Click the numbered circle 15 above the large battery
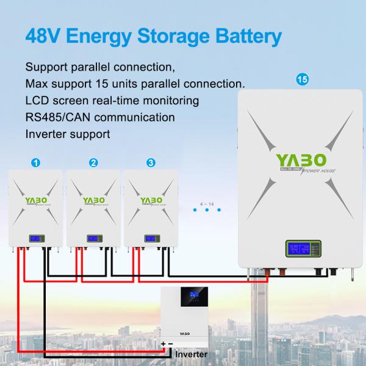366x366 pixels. click(x=300, y=79)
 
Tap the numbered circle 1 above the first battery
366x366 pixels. click(x=36, y=163)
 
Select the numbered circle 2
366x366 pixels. click(x=93, y=163)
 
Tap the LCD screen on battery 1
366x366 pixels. click(x=35, y=238)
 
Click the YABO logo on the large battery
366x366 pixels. click(x=295, y=162)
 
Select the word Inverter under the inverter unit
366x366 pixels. click(x=192, y=354)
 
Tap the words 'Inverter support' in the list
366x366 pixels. click(x=68, y=134)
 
